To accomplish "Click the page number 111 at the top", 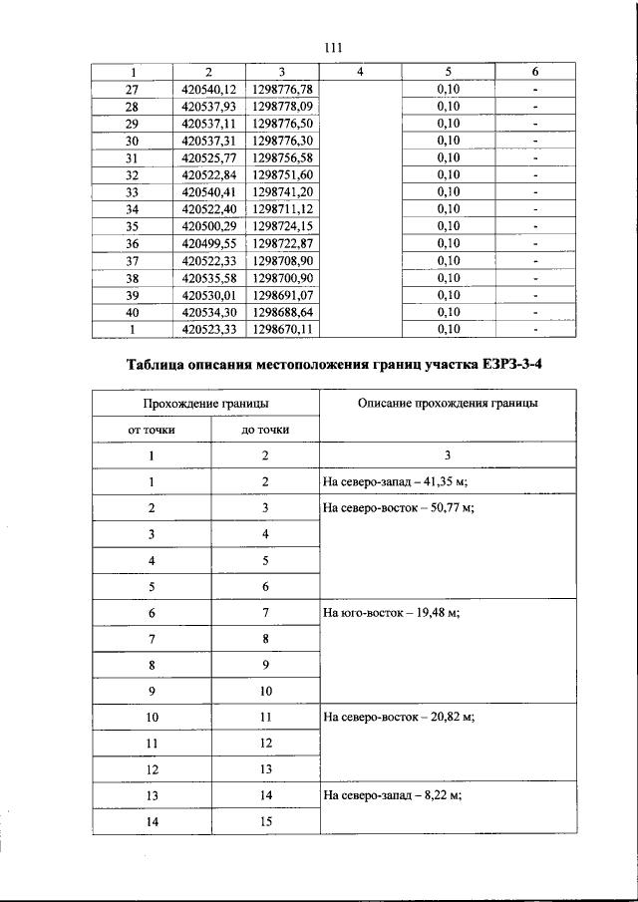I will (x=333, y=48).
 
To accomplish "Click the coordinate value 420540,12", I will (x=208, y=89).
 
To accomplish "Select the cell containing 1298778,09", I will (x=283, y=106).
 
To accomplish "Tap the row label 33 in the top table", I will (x=132, y=191).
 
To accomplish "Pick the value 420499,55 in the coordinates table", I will (x=208, y=242).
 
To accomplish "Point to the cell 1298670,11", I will (x=283, y=328).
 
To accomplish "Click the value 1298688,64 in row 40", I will (x=283, y=311).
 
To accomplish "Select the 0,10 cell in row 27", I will (x=449, y=89).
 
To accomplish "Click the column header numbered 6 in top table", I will (x=535, y=72).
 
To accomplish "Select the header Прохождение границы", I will (x=205, y=404).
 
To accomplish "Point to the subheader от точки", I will (x=152, y=430).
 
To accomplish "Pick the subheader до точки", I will (x=265, y=430).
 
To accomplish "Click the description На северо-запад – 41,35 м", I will (x=396, y=482).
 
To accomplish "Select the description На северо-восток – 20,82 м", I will (x=398, y=718).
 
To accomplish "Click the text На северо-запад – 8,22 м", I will (x=392, y=796).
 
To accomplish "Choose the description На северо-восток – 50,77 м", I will (x=398, y=508).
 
